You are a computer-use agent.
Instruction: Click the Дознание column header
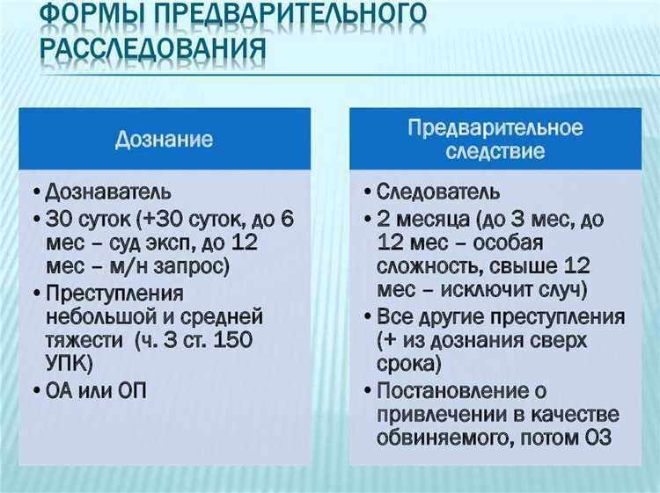tap(165, 139)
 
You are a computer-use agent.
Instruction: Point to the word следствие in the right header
tap(495, 152)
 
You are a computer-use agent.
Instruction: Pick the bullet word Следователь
tap(438, 192)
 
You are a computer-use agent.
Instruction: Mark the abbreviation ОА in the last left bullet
tap(59, 391)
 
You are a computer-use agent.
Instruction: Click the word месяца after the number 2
tap(426, 217)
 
